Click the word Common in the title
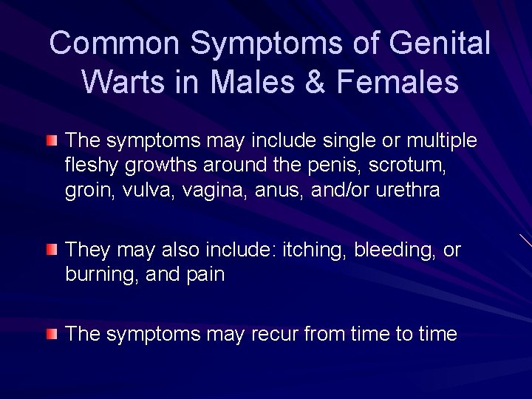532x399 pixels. pos(115,44)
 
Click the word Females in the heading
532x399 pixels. pos(398,81)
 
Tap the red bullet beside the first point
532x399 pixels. pos(51,140)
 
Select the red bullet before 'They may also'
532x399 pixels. pos(51,250)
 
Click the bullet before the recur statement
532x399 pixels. pos(51,334)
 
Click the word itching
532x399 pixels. pos(310,250)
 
